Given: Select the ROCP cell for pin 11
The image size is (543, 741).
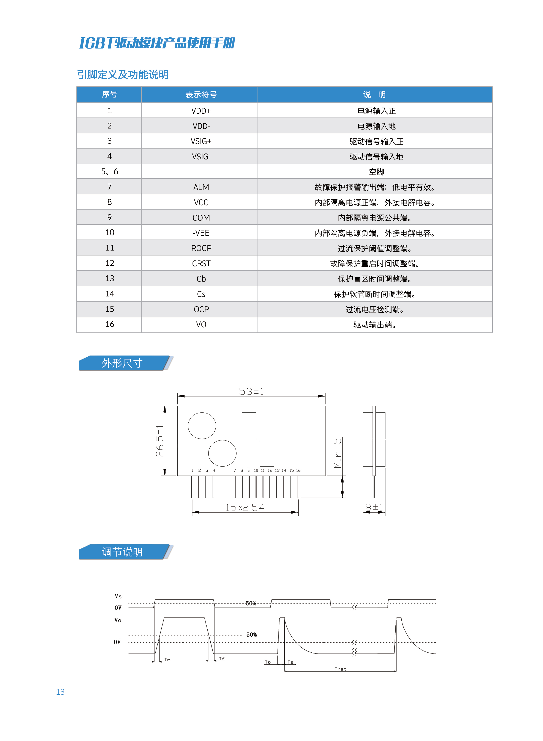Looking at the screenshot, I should [x=201, y=248].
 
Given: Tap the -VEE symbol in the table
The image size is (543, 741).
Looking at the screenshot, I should [x=201, y=233].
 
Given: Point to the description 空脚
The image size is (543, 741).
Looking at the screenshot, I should [x=376, y=172].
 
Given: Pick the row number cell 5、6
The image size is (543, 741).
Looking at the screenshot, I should [x=109, y=172].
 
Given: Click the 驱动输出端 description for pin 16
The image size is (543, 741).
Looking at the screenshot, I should [x=375, y=325].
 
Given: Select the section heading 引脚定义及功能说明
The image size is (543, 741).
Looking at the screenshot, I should [x=123, y=75].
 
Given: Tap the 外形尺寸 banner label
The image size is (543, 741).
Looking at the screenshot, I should [x=122, y=363].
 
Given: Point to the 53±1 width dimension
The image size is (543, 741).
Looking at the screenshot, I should [x=251, y=391].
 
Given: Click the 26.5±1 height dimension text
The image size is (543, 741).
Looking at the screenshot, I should [x=160, y=441].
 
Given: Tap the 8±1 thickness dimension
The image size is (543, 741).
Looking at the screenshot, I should [x=374, y=508].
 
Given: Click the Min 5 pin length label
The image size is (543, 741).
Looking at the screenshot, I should [x=338, y=453].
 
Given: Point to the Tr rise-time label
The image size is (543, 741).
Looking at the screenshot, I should [x=167, y=660].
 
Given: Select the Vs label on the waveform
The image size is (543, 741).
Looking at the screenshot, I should [x=118, y=596].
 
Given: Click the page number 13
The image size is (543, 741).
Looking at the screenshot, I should [x=60, y=692].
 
